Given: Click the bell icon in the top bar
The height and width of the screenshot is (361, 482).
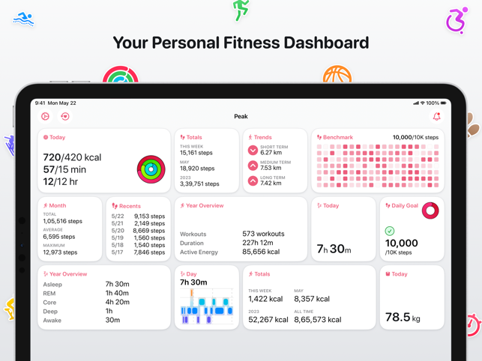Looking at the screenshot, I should click(x=436, y=117).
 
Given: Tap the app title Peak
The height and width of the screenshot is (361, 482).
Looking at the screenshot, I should click(x=241, y=117).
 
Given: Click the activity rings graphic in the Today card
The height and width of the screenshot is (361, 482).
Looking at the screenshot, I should click(x=151, y=169).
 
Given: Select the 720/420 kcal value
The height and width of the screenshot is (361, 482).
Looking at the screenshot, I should click(x=72, y=157).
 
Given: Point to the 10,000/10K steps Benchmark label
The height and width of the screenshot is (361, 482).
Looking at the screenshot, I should click(x=415, y=138).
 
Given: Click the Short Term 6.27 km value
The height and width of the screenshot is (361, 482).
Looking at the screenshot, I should click(x=271, y=153).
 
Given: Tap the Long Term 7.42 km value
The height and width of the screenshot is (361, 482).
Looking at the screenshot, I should click(x=271, y=183).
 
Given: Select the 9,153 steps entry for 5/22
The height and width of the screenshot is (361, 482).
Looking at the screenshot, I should click(x=149, y=216).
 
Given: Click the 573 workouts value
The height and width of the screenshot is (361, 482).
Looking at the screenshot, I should click(x=263, y=234).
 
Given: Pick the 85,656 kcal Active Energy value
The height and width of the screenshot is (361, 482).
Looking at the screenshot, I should click(x=262, y=252).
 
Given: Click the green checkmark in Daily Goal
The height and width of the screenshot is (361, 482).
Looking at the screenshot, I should click(x=390, y=231).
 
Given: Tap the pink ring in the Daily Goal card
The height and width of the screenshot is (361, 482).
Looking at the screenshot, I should click(x=430, y=210).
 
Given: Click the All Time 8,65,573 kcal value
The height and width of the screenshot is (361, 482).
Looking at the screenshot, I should click(x=318, y=320).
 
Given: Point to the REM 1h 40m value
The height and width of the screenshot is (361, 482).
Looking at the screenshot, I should click(x=117, y=294).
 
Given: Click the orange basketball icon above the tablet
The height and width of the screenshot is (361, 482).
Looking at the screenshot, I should click(x=337, y=75).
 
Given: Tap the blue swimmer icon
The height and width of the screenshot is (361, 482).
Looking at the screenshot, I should click(x=23, y=19).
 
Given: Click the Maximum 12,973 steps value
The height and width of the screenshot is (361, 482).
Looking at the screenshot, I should click(x=60, y=252).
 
